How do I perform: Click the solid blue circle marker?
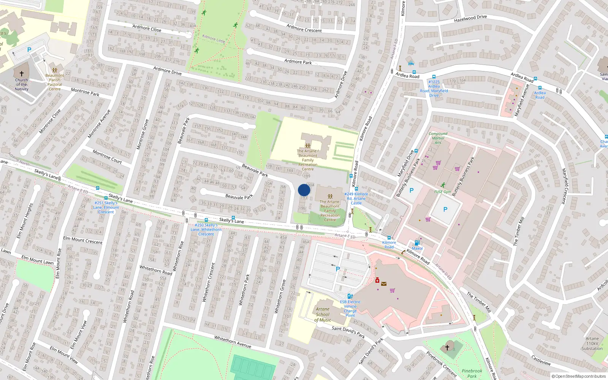coord(304,190)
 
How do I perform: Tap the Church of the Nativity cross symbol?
coord(22,74)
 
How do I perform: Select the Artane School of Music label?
coord(323,315)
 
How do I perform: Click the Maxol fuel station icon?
coord(417,243)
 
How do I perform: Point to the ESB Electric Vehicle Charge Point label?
coord(350,309)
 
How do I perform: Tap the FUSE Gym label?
coord(442,192)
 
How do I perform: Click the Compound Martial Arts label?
coord(438,138)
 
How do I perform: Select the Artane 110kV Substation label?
coord(592,344)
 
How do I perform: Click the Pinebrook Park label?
coord(472,373)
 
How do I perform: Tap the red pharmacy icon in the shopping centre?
coord(377,280)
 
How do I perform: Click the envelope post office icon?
coord(384,283)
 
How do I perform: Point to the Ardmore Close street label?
coord(147,28)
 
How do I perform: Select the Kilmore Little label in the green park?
coord(214,38)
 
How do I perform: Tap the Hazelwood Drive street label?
coord(470,18)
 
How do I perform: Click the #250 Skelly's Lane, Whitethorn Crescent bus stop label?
coord(206,230)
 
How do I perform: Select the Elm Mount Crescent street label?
coord(82,240)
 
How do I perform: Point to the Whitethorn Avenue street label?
coord(233,341)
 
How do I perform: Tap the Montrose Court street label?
coord(107,157)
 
